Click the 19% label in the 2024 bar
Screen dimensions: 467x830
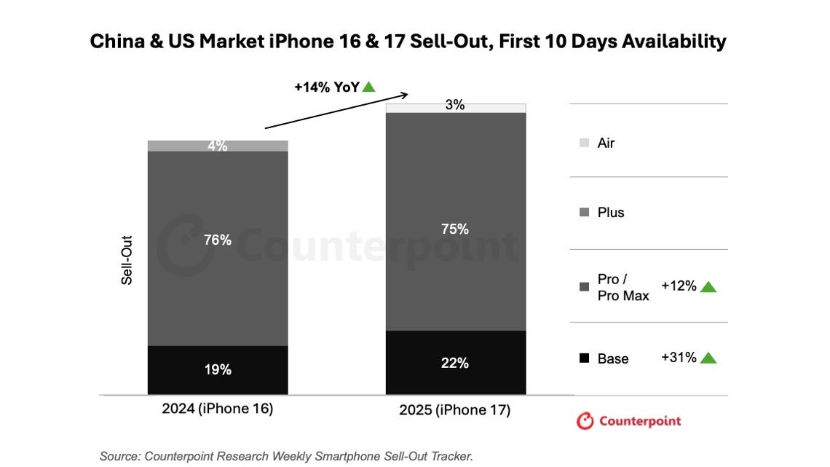click(x=217, y=369)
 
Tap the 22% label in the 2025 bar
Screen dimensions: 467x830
click(x=454, y=363)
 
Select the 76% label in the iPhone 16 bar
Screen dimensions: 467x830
click(x=217, y=240)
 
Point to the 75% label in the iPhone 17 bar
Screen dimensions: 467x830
click(x=454, y=229)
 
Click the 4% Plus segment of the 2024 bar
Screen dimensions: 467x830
click(x=217, y=146)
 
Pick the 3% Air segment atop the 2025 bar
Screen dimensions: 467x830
click(x=454, y=107)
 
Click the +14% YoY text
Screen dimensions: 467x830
click(x=326, y=87)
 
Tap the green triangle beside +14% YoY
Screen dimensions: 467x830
click(x=369, y=87)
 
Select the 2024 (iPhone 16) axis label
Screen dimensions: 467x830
click(x=217, y=409)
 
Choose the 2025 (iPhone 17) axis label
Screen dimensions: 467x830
click(x=454, y=410)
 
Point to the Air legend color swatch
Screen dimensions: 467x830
click(x=584, y=144)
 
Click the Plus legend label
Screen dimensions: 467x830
click(x=611, y=213)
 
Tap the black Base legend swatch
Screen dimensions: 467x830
click(x=584, y=358)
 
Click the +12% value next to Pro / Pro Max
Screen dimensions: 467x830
click(x=679, y=286)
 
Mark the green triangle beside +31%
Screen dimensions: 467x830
click(x=708, y=358)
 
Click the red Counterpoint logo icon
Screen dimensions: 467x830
click(x=585, y=421)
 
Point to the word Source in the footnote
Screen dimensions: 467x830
click(x=119, y=456)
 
